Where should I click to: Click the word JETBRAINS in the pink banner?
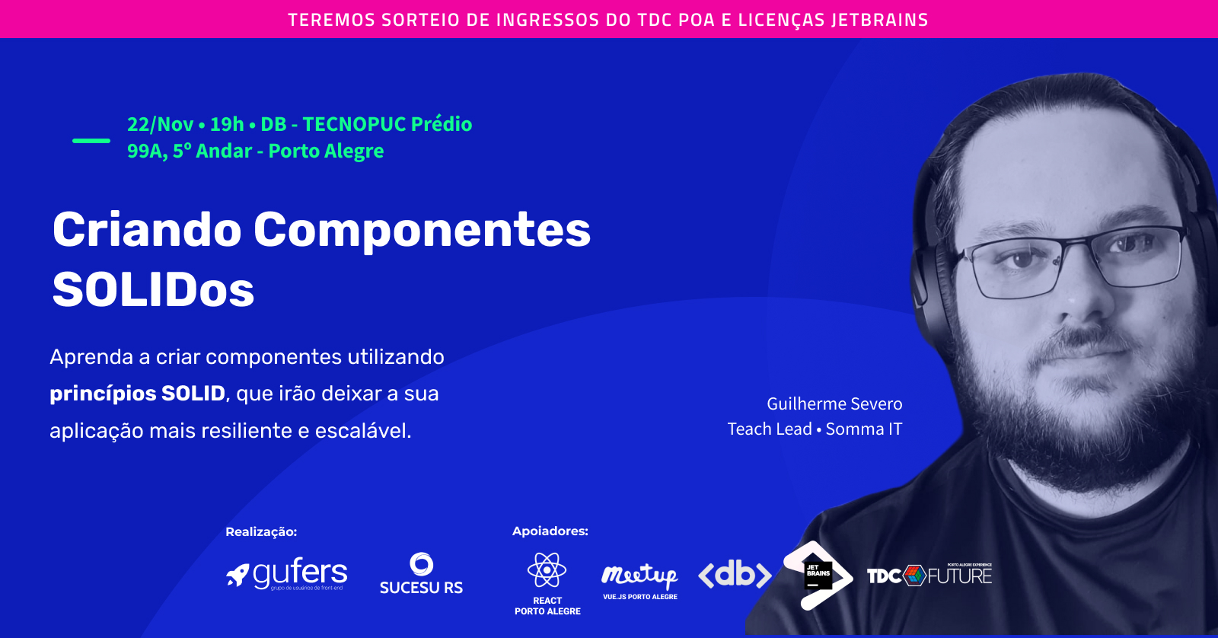point(879,20)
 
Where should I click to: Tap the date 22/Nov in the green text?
point(160,124)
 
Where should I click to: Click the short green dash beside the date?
point(91,140)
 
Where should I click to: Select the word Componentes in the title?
point(422,230)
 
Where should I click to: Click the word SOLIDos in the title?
point(153,290)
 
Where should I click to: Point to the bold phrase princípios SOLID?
point(138,394)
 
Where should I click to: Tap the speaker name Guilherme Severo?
point(834,404)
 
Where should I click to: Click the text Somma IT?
point(864,429)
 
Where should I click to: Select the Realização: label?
point(261,531)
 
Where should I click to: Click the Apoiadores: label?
point(550,531)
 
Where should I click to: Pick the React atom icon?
point(547,569)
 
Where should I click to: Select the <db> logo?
point(735,574)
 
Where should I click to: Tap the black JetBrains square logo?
point(818,575)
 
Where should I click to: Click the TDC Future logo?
point(929,575)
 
